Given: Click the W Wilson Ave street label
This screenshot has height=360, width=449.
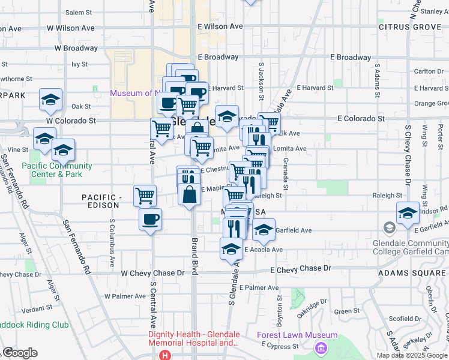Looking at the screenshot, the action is click(70, 28).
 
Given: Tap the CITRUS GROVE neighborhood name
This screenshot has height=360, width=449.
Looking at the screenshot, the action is click(409, 27).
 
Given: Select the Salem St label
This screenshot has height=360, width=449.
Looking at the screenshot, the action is click(78, 12).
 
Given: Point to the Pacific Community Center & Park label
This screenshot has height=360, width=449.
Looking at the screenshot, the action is click(57, 170).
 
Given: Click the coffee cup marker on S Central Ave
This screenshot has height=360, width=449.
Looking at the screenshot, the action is click(150, 218).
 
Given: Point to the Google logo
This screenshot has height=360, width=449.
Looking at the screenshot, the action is click(20, 353).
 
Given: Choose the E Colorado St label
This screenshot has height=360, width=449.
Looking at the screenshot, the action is click(361, 119).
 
